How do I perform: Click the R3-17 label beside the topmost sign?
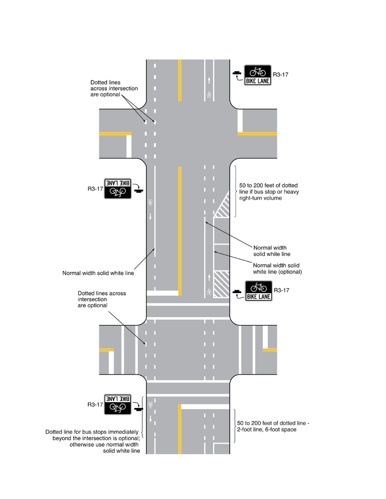[280, 75]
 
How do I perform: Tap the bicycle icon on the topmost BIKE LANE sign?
[258, 72]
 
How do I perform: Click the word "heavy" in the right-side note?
[291, 192]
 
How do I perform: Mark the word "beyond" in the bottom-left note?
[62, 438]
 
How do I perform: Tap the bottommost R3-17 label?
[96, 405]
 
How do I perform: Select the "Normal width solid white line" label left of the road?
[98, 273]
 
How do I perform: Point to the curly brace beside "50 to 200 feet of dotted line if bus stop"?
[235, 192]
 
